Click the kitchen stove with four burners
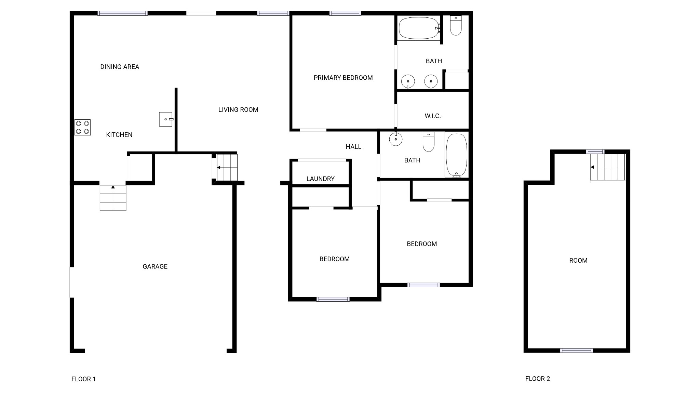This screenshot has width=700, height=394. tap(82, 128)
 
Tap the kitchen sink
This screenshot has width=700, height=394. tap(166, 119)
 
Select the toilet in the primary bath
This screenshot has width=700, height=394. tap(456, 25)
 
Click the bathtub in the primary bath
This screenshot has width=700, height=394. tap(419, 28)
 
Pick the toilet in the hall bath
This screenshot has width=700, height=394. tap(429, 142)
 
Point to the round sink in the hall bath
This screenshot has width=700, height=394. tap(396, 139)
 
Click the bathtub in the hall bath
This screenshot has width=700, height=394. tap(456, 155)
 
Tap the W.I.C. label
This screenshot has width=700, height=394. tap(433, 116)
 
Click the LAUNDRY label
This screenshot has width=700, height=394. tap(320, 179)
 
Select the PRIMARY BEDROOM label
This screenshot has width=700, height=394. tap(343, 78)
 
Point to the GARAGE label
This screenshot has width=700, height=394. tap(155, 266)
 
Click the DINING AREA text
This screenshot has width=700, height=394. tap(120, 67)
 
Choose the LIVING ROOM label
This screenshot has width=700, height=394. tap(238, 109)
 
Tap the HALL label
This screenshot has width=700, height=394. tap(353, 147)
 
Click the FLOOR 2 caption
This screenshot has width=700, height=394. tap(538, 379)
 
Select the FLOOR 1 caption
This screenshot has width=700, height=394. tap(84, 379)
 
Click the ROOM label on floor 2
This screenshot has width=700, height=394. tap(578, 261)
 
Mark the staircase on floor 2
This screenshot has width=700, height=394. tap(608, 167)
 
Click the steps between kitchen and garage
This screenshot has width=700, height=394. tap(113, 198)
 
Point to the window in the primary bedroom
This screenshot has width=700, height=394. tap(345, 13)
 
